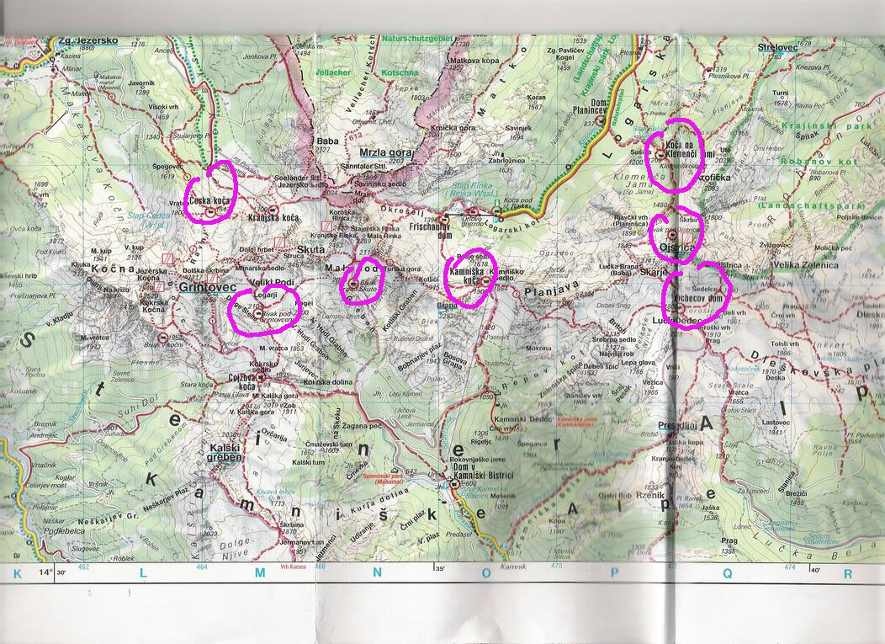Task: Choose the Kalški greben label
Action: (226, 452)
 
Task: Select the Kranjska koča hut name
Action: (275, 218)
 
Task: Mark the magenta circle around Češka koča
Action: (210, 191)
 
